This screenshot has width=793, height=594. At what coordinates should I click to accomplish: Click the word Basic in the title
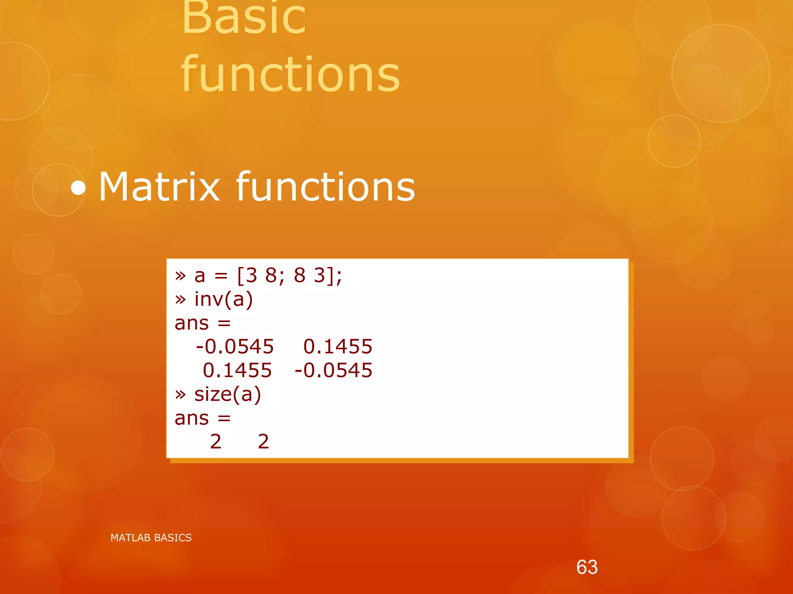tap(244, 17)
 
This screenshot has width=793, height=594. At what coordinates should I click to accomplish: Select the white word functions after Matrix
tap(325, 187)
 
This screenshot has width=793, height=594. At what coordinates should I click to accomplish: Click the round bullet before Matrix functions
tap(78, 188)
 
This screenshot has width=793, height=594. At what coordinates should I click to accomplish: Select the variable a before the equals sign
tap(199, 276)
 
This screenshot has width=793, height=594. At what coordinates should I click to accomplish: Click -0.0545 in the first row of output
tap(235, 347)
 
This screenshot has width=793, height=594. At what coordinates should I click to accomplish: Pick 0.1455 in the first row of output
tap(338, 347)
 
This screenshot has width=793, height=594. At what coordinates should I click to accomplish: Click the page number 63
tap(587, 567)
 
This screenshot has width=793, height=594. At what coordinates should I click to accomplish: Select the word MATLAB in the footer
tap(130, 538)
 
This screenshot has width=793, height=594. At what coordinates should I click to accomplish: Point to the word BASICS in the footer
tap(173, 538)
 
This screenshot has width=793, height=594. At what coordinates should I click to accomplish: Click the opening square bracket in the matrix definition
tap(240, 276)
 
